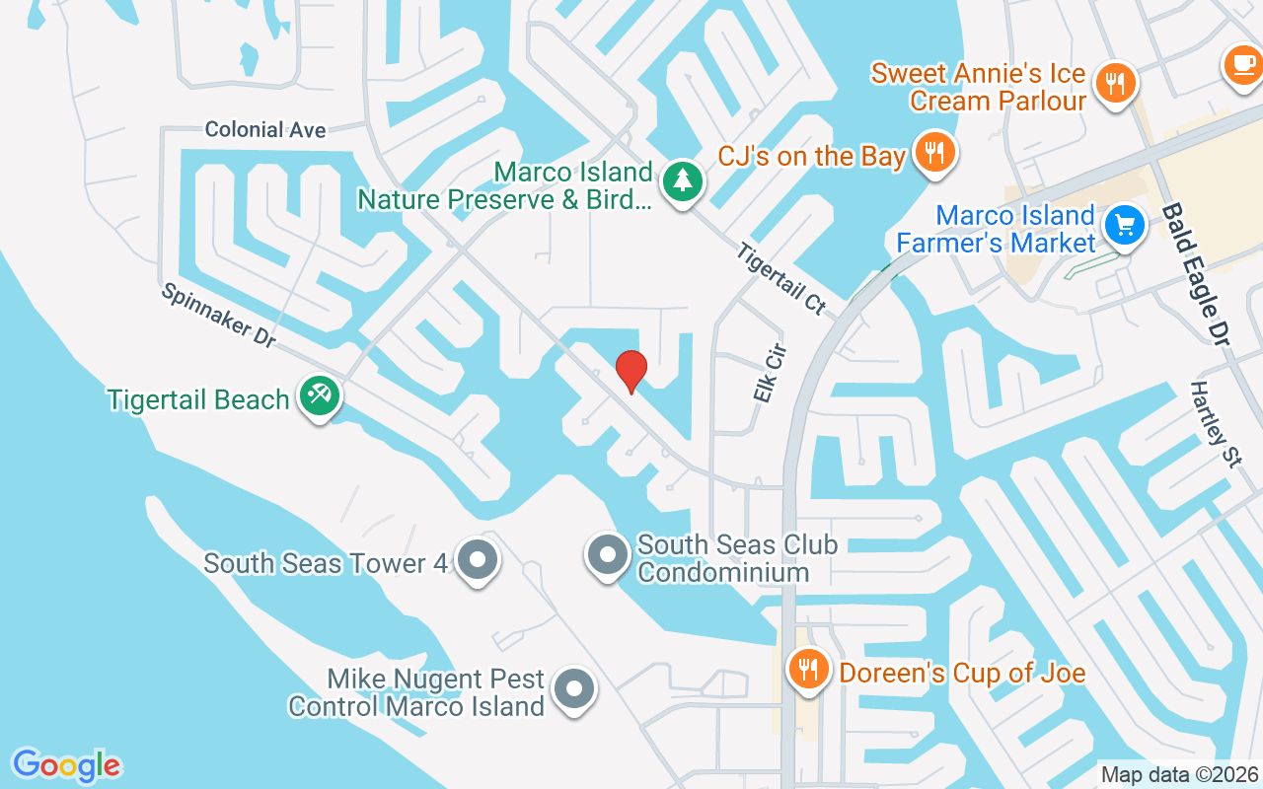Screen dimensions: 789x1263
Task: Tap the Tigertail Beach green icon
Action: point(320,396)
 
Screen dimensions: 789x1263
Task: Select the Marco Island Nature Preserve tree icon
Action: point(681,181)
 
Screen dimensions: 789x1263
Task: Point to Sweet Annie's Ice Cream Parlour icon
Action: point(1115,84)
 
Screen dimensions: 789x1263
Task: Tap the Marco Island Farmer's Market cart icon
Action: point(1124,226)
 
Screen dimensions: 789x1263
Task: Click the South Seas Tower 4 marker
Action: point(479,560)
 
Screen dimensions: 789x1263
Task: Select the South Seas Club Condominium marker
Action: point(608,555)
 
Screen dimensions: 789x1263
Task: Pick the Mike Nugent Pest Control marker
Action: point(573,689)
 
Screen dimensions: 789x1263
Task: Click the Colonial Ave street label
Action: point(265,129)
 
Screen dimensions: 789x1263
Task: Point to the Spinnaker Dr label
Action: point(218,315)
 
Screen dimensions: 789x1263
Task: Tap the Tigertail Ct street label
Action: point(780,278)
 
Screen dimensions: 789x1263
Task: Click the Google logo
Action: point(66,765)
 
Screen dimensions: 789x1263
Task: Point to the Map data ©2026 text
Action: point(1178,775)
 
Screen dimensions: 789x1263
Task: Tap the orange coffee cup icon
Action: point(1241,64)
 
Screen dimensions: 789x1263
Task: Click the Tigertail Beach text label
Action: point(198,399)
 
